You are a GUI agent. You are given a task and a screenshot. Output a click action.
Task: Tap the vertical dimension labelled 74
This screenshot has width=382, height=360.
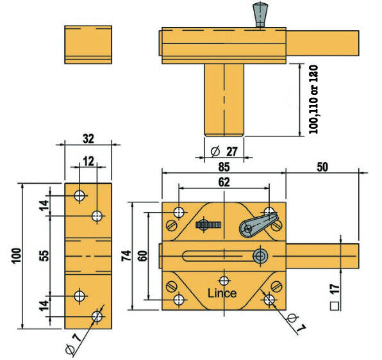(x=128, y=256)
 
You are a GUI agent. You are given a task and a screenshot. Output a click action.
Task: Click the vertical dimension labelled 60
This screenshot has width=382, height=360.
(x=142, y=256)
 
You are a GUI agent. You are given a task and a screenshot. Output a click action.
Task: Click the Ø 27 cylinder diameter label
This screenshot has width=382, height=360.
(x=224, y=151)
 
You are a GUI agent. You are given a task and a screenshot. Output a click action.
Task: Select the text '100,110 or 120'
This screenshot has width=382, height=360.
(x=313, y=99)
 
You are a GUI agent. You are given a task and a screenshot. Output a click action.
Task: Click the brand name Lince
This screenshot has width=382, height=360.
(x=222, y=293)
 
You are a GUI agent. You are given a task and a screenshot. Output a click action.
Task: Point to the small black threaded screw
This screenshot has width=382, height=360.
(x=211, y=224)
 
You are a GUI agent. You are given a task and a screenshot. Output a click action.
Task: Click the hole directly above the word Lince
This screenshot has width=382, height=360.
(x=224, y=280)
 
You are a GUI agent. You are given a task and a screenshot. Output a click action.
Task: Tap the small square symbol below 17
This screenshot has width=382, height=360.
(x=334, y=306)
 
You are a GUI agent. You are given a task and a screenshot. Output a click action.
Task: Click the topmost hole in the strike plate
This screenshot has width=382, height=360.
(x=79, y=196)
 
